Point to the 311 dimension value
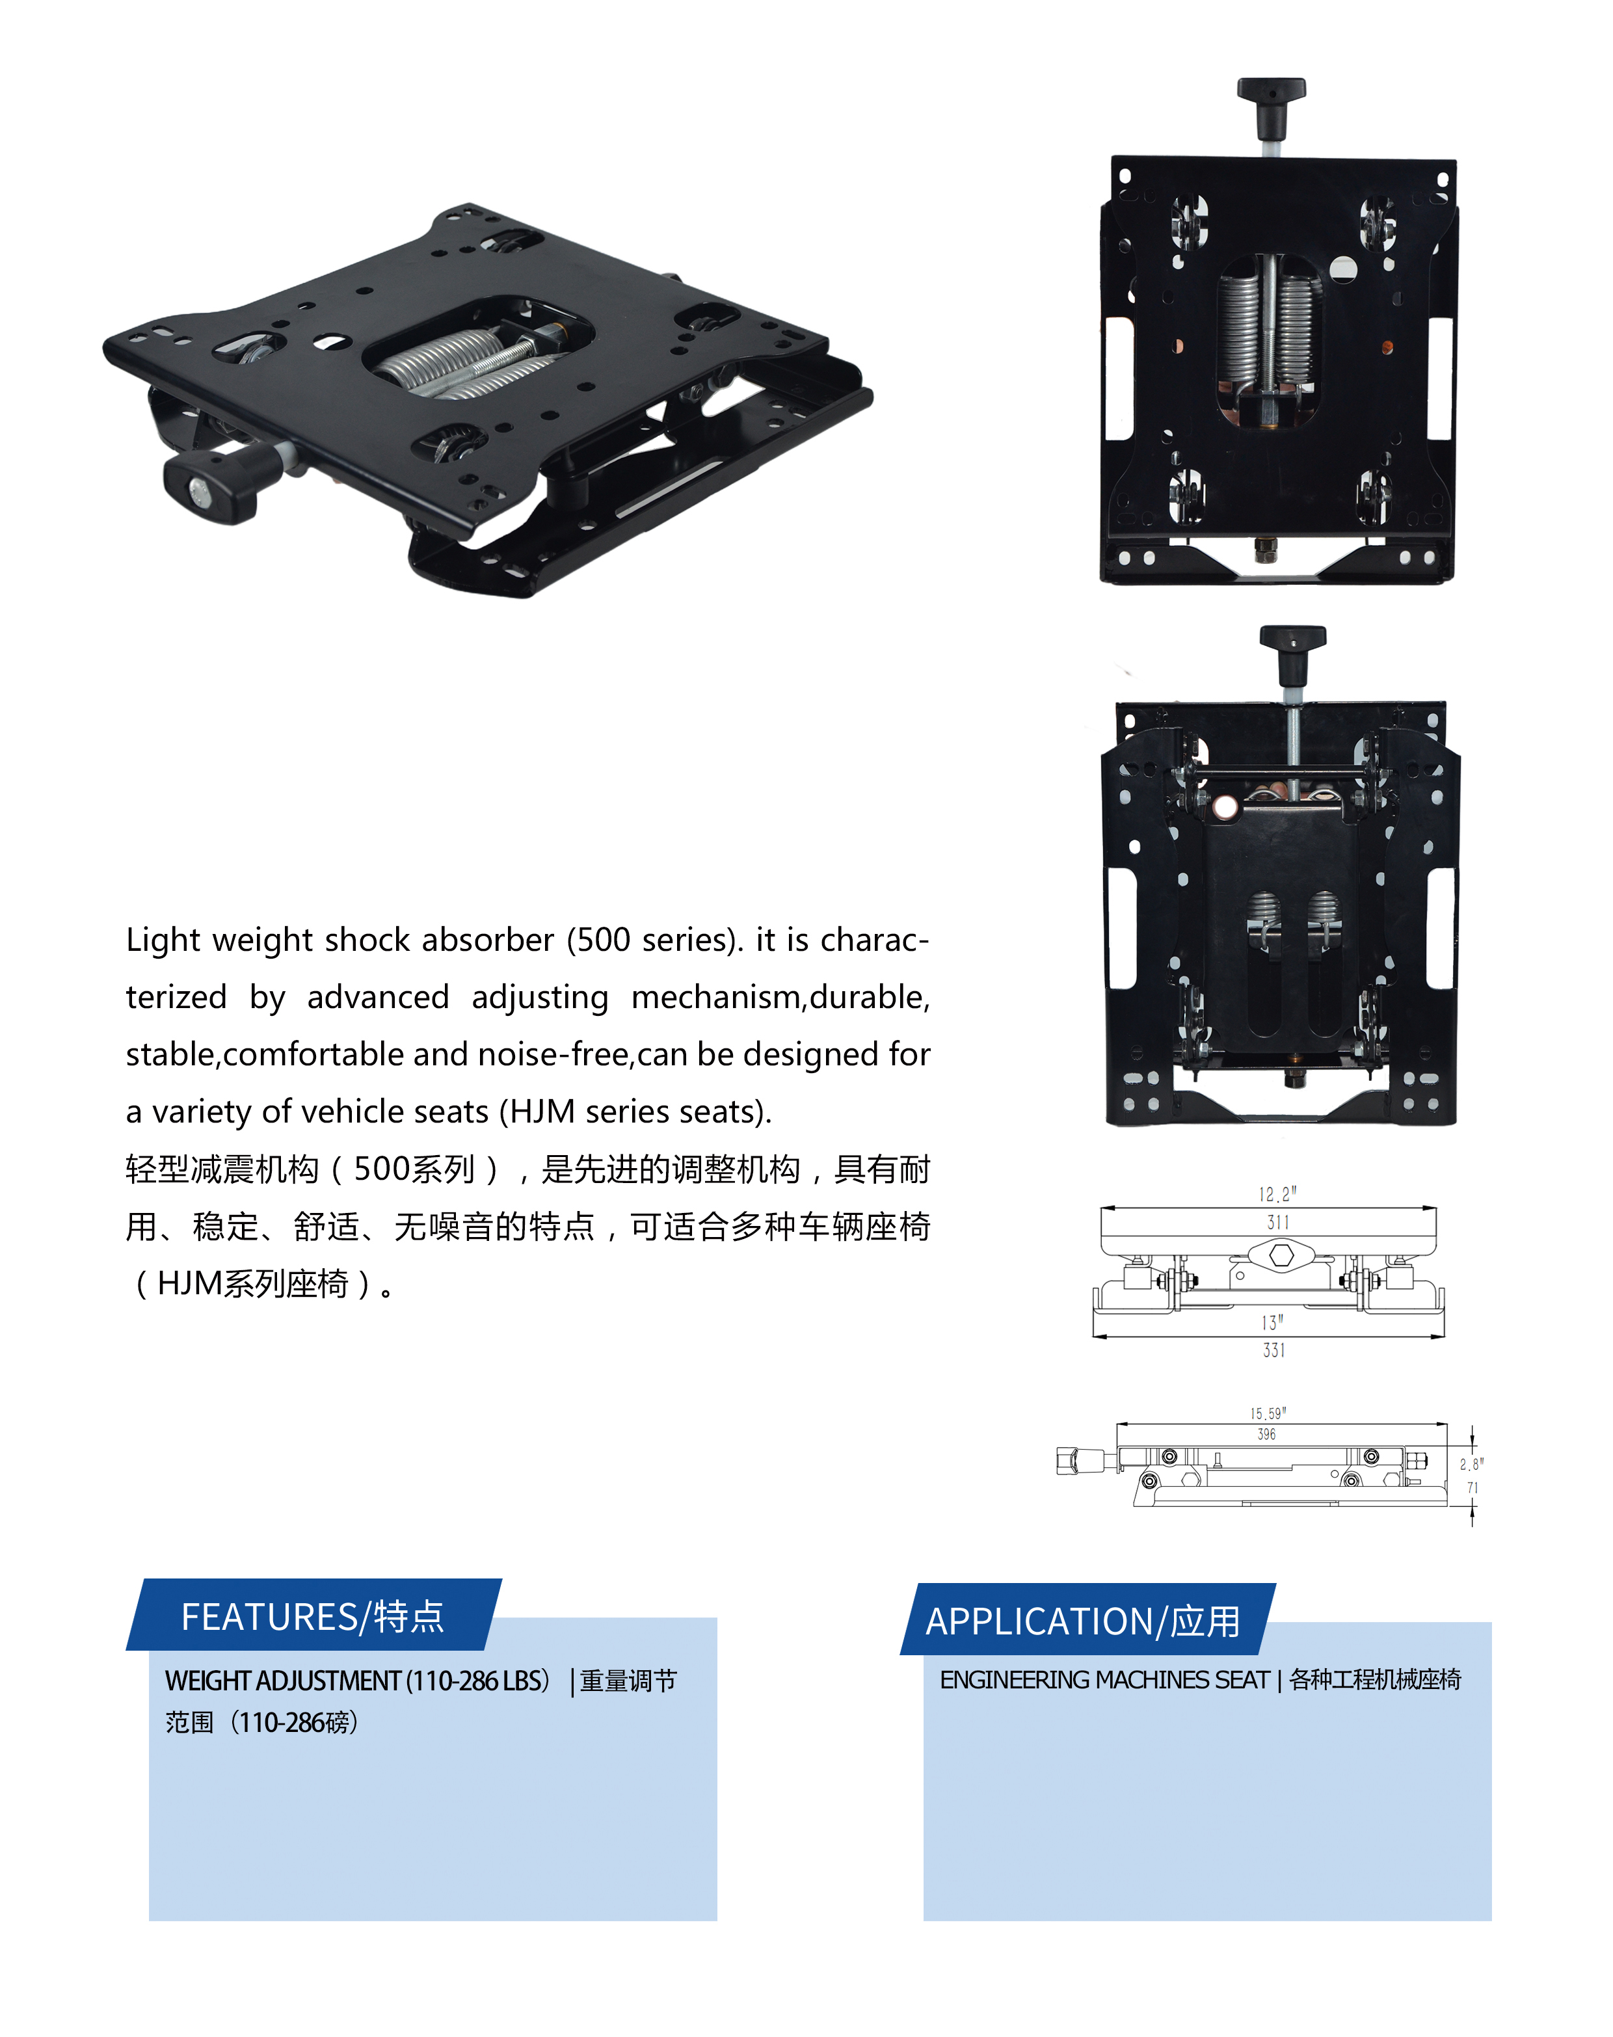point(1278,1222)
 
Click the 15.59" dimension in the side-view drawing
point(1268,1414)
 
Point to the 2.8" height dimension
point(1471,1464)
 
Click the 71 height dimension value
point(1473,1487)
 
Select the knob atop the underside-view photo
point(1293,654)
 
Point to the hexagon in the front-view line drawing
point(1281,1255)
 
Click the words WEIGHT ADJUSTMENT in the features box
point(284,1681)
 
